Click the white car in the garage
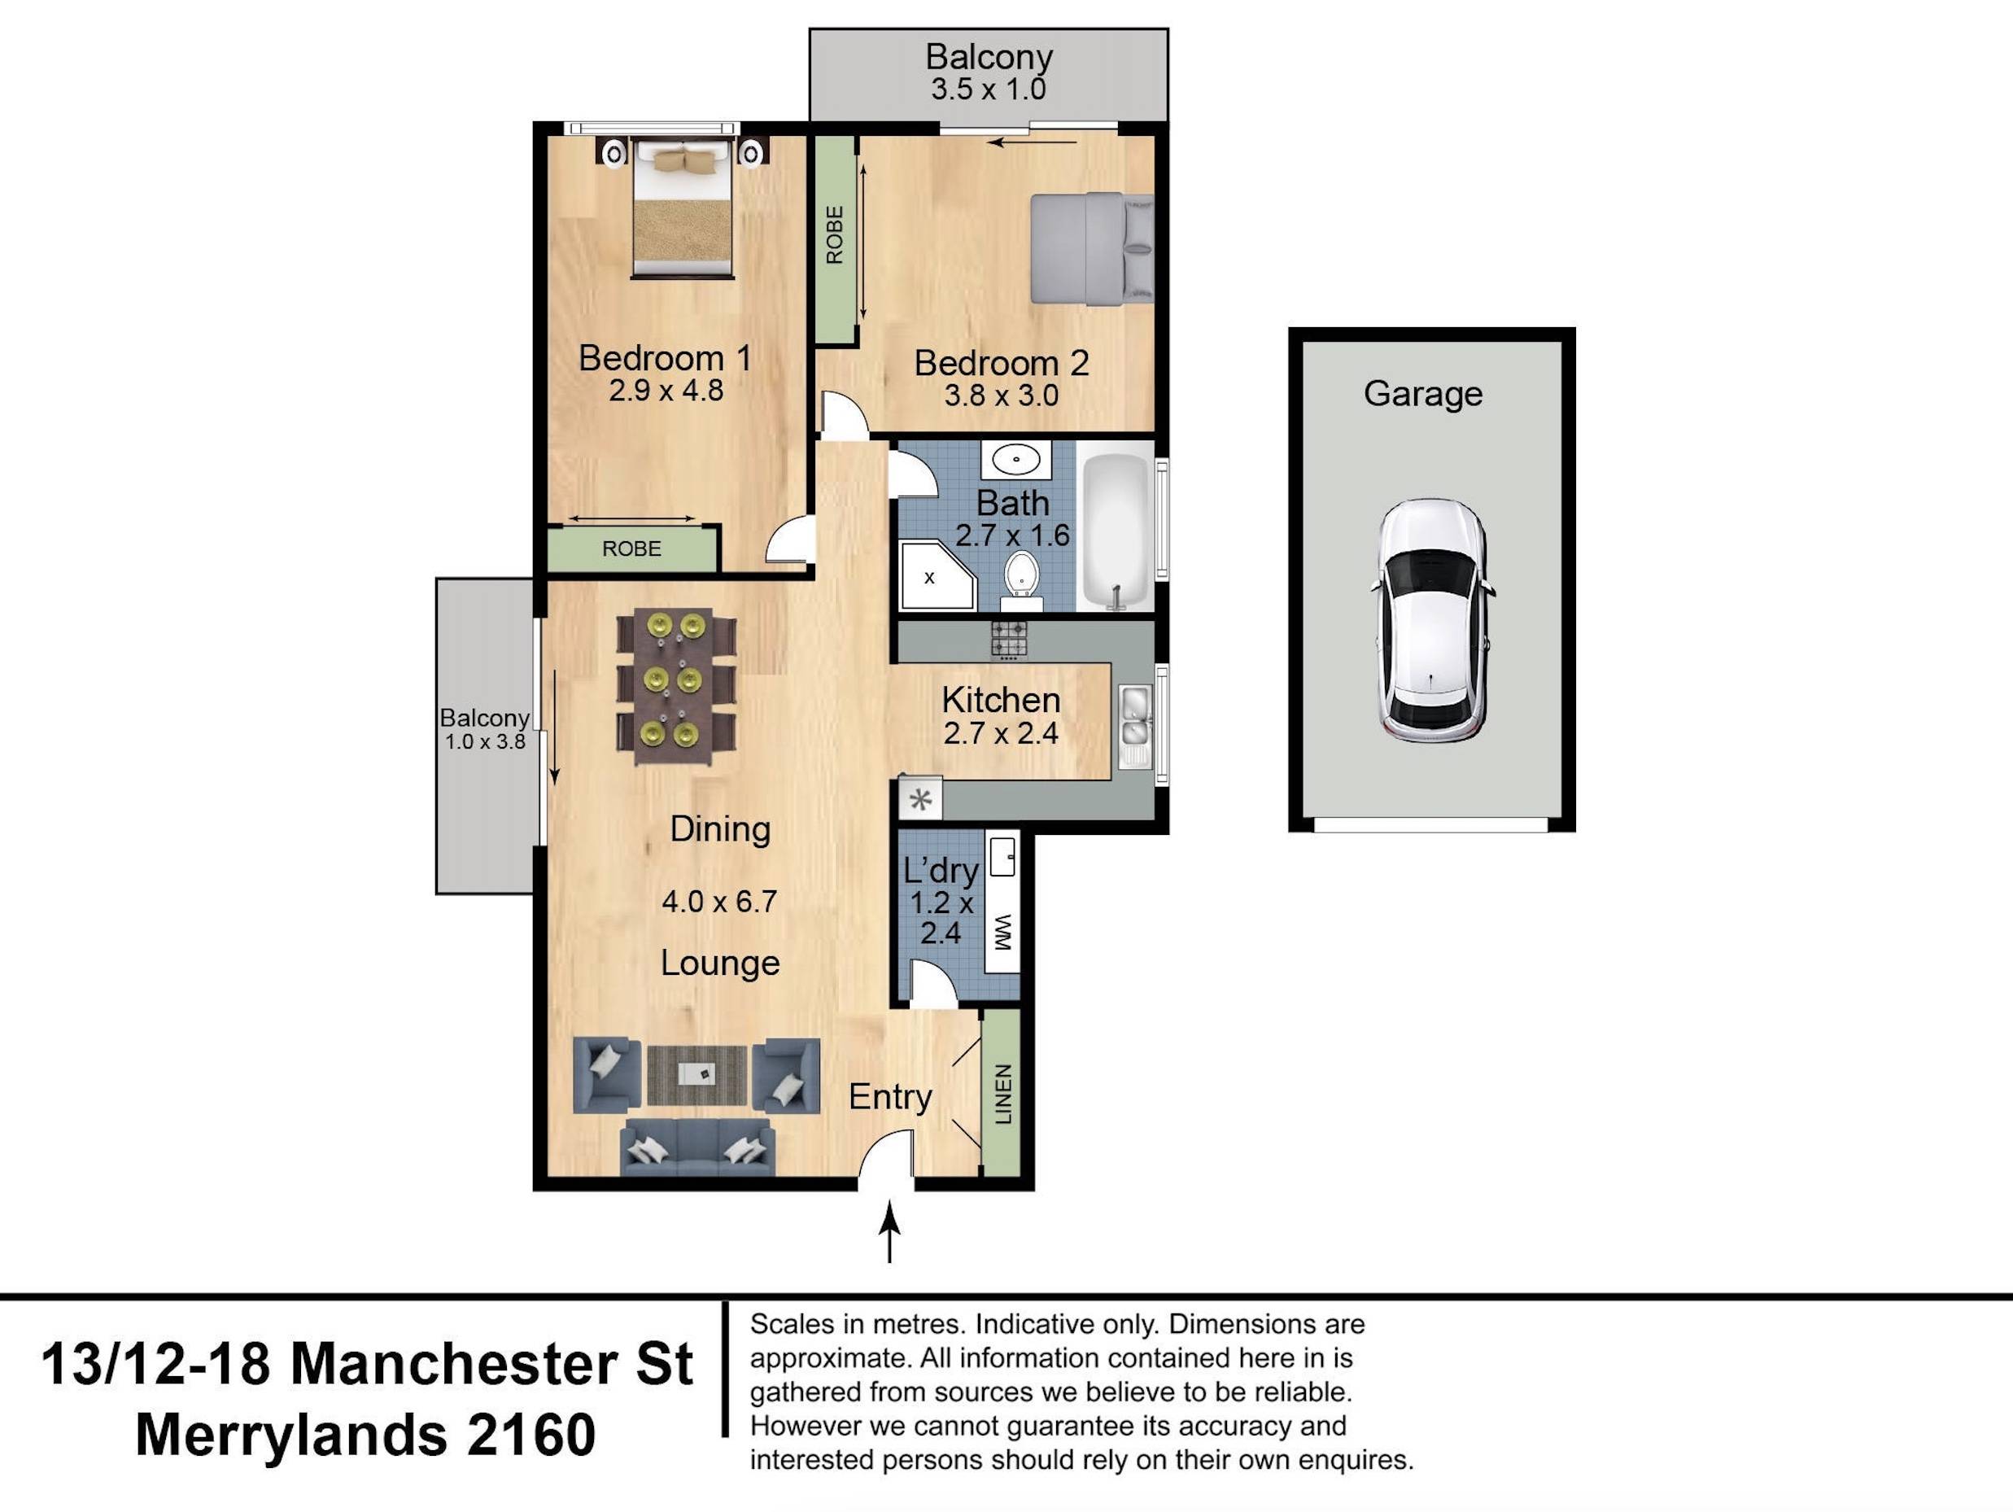coord(1430,621)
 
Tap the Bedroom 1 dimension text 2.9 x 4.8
coord(666,391)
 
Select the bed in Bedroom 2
coord(1091,247)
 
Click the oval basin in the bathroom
coord(1015,460)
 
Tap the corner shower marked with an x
coord(935,576)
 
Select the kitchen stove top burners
coord(1008,639)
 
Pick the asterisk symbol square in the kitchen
coord(920,800)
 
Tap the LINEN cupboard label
coord(1002,1093)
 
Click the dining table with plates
coord(675,686)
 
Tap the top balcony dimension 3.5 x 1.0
coord(988,90)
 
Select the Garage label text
coord(1422,393)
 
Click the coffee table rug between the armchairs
coord(697,1075)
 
